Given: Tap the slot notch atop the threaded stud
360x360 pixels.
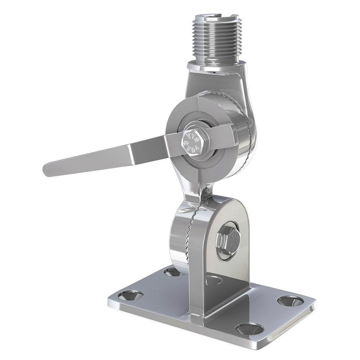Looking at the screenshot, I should (x=216, y=16).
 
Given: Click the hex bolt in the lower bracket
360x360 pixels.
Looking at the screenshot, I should (x=228, y=240).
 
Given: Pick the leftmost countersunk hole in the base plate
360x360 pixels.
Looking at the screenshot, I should (x=130, y=295).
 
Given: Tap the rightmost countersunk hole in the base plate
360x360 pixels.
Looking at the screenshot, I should (x=290, y=301).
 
